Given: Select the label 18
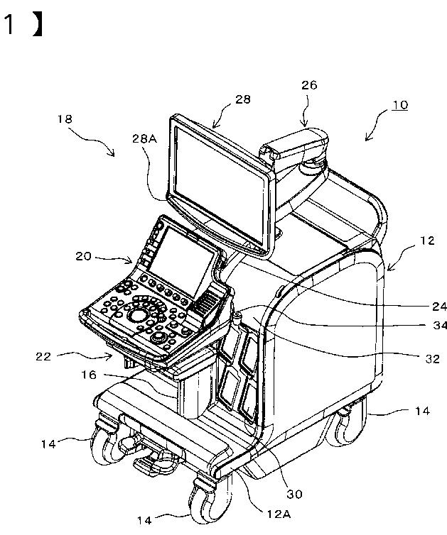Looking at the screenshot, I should click(x=65, y=120).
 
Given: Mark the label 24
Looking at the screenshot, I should click(x=439, y=307).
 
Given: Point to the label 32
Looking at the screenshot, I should click(x=432, y=359).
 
